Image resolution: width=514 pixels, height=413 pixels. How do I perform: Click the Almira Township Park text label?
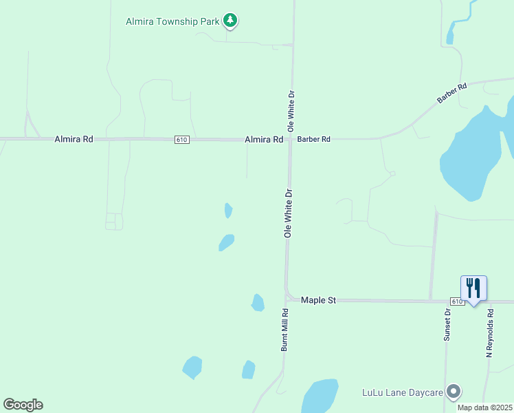[172, 21]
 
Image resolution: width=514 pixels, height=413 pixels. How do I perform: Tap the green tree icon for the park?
[231, 21]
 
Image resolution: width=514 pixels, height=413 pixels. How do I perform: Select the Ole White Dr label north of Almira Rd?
[291, 111]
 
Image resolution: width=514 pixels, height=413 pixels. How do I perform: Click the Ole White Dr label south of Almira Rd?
[289, 213]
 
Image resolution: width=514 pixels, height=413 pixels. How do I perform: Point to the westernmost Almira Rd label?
[74, 139]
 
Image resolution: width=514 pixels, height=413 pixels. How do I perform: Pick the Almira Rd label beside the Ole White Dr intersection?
[264, 139]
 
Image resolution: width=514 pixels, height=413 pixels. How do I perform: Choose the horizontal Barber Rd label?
[314, 139]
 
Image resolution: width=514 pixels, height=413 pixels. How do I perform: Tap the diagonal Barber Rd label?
[451, 94]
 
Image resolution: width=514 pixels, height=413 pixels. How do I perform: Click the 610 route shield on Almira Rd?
[181, 140]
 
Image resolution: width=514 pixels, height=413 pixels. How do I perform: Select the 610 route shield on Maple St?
[458, 301]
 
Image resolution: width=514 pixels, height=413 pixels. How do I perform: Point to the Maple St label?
[318, 300]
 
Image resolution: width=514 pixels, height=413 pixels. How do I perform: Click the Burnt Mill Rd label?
[284, 330]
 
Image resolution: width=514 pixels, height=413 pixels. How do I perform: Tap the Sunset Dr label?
[447, 325]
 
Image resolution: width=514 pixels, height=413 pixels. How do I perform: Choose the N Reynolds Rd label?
[490, 332]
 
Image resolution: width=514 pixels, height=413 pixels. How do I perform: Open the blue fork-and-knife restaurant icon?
[473, 287]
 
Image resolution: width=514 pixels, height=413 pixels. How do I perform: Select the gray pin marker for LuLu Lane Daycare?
[454, 392]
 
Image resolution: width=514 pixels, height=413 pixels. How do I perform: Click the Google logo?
[23, 405]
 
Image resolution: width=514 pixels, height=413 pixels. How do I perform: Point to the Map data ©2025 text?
[485, 407]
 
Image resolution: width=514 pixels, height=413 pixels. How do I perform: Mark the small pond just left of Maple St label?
[258, 302]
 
